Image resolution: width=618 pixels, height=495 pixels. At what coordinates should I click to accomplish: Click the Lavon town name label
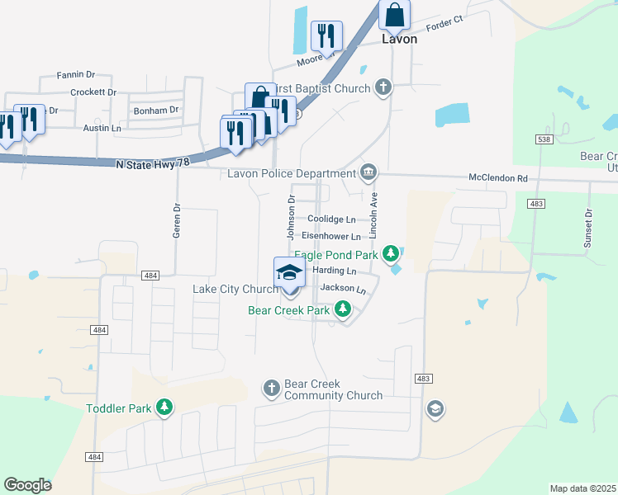click(x=399, y=39)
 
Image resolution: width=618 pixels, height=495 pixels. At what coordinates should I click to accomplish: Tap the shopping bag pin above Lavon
click(x=395, y=15)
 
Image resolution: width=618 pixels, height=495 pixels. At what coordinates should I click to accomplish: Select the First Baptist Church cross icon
click(x=383, y=87)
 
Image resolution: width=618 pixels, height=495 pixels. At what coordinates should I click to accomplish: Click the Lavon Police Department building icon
click(x=368, y=172)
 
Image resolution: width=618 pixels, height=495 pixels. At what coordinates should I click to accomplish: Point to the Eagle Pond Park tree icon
click(x=395, y=254)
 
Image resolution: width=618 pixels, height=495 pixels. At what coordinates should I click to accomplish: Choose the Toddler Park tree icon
click(x=165, y=408)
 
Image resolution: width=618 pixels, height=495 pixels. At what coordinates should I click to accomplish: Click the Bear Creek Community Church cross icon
click(x=271, y=388)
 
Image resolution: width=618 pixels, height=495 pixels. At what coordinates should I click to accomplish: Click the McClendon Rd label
click(x=497, y=177)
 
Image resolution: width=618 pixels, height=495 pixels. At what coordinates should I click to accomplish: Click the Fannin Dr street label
click(x=78, y=75)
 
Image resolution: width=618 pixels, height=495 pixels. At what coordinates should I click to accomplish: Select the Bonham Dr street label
click(x=157, y=110)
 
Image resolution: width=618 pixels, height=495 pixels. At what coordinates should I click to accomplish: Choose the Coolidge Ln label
click(x=331, y=219)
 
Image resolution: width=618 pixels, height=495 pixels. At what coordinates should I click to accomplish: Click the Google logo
click(x=27, y=484)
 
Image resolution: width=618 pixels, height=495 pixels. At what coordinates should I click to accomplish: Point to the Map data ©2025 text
click(x=582, y=488)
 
